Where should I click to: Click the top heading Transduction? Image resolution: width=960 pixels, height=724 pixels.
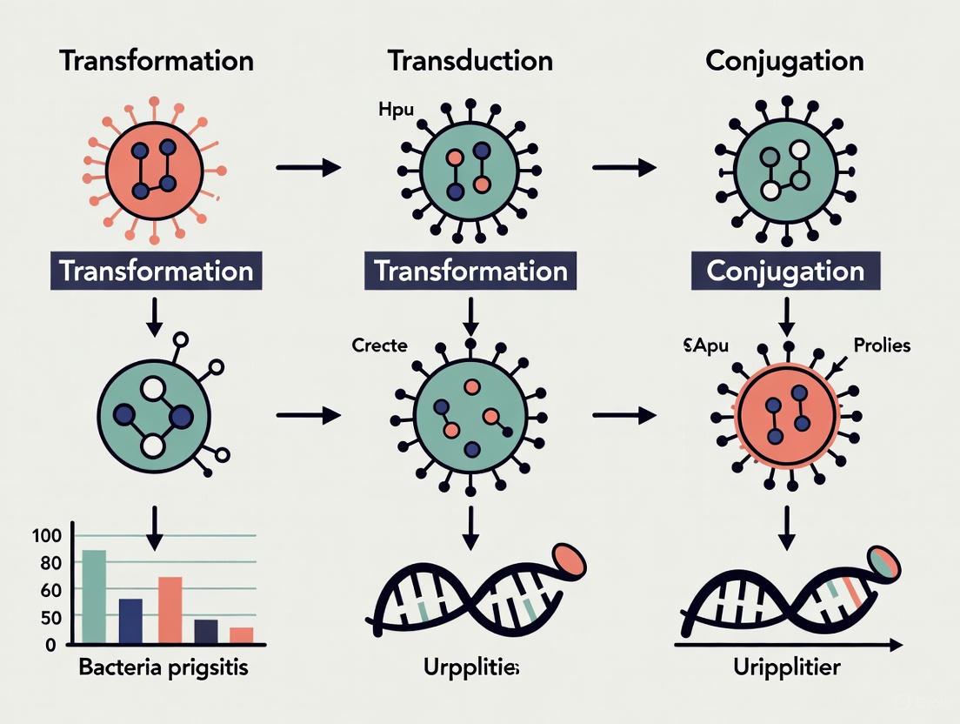[x=470, y=61]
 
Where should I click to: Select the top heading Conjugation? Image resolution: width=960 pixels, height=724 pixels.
[x=784, y=61]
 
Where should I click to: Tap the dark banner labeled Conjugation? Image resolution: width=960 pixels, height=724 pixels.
[x=785, y=271]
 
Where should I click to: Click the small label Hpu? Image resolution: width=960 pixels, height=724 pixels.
[x=397, y=111]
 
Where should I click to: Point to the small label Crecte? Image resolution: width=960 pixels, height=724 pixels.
[x=379, y=345]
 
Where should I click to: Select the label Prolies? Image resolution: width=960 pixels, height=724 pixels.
[x=882, y=345]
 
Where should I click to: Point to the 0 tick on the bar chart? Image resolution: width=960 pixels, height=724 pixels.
[x=50, y=645]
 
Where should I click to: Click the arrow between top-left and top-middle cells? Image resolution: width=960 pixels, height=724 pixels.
[x=308, y=167]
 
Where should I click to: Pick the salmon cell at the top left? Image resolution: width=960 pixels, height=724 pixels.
[x=154, y=166]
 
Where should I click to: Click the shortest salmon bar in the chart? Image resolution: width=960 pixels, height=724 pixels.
[x=241, y=635]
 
